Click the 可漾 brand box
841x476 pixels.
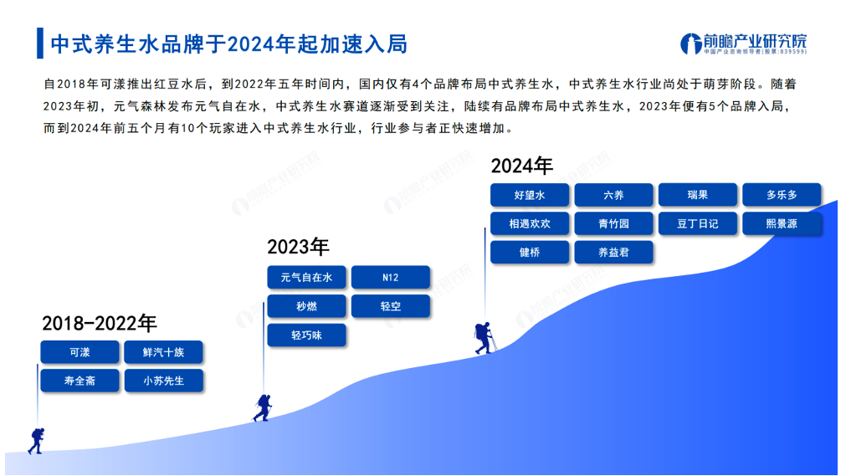pyautogui.click(x=80, y=352)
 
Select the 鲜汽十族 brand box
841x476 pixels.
pyautogui.click(x=163, y=352)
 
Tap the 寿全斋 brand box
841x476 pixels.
pyautogui.click(x=80, y=381)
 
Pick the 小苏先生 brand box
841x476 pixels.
pyautogui.click(x=163, y=381)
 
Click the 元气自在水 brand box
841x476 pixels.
pyautogui.click(x=307, y=277)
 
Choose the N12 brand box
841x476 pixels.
pyautogui.click(x=391, y=277)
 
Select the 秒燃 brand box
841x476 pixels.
pyautogui.click(x=307, y=306)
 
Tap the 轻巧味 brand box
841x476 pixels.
pyautogui.click(x=307, y=335)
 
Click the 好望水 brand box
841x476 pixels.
pyautogui.click(x=530, y=195)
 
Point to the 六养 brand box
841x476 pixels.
pyautogui.click(x=613, y=195)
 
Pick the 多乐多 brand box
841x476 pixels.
pyautogui.click(x=782, y=195)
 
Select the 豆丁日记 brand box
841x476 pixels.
pyautogui.click(x=698, y=223)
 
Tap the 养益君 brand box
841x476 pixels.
pyautogui.click(x=613, y=252)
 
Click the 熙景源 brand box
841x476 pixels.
pyautogui.click(x=782, y=223)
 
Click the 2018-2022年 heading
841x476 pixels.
pyautogui.click(x=100, y=323)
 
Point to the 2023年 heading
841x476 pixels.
pyautogui.click(x=298, y=247)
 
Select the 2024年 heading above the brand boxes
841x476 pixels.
pyautogui.click(x=521, y=166)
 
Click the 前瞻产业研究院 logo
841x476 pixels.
pyautogui.click(x=743, y=44)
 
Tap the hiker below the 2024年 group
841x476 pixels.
pyautogui.click(x=485, y=338)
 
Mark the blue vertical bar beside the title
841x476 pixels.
pyautogui.click(x=39, y=44)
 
